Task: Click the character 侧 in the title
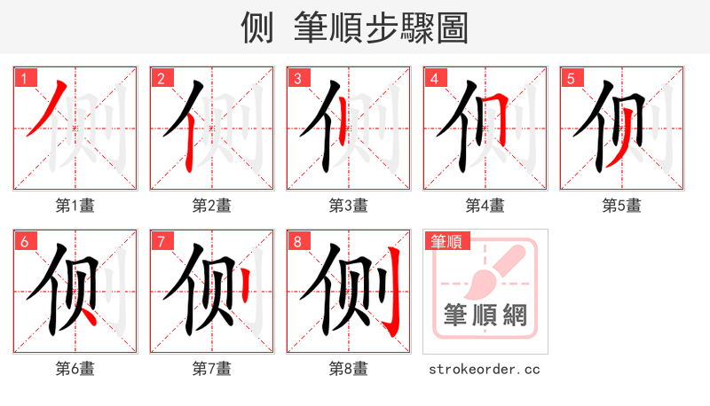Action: [258, 27]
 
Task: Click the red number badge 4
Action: [435, 79]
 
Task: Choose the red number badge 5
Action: [572, 79]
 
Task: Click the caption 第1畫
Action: [75, 206]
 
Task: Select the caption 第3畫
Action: [349, 206]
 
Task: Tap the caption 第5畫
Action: [621, 206]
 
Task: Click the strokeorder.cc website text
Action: [485, 369]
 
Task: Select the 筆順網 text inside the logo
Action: [485, 315]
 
